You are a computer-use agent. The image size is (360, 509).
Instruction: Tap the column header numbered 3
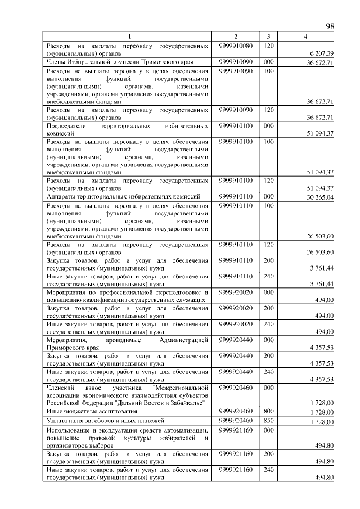268,37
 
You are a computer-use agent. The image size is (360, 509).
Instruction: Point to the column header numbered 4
305,37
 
